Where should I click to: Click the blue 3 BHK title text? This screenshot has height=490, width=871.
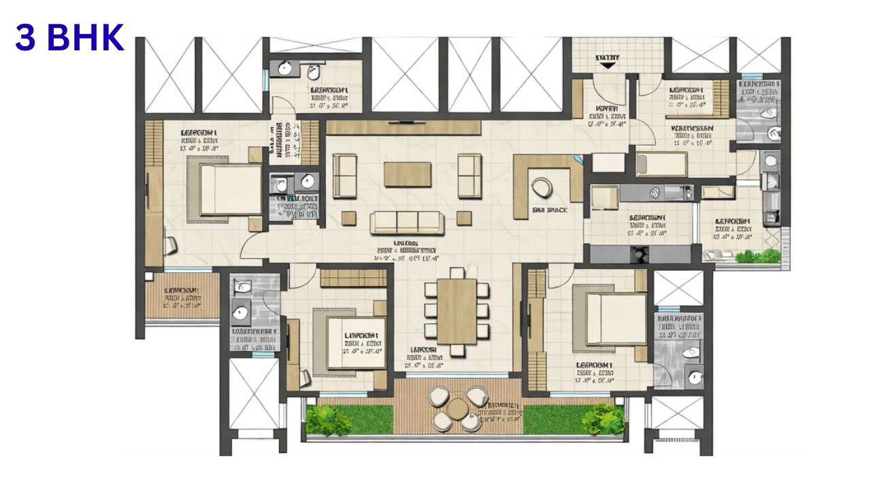coord(70,39)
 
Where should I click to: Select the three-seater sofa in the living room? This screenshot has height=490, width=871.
coord(407,222)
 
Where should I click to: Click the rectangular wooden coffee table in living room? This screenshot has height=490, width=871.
coord(407,174)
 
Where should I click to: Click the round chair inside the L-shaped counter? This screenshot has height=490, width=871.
coord(544,187)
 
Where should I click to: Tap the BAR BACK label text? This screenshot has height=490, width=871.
coord(550,210)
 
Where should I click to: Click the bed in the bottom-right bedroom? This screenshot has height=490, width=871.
coord(610,318)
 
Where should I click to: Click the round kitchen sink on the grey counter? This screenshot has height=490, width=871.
coord(654,193)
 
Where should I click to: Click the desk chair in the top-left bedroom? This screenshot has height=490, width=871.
coord(170,243)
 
